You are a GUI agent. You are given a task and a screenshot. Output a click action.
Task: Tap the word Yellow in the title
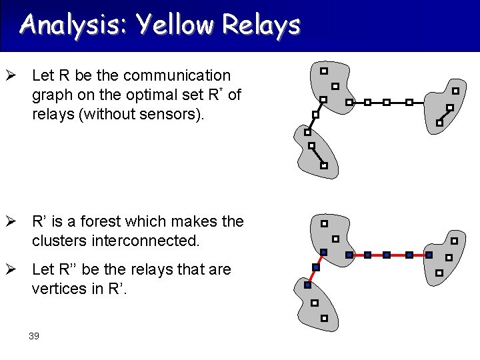(x=175, y=25)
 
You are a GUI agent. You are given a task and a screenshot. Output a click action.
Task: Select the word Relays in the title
(x=261, y=25)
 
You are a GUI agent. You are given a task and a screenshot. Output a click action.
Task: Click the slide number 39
(x=34, y=336)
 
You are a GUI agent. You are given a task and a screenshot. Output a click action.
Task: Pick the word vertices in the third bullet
(x=61, y=289)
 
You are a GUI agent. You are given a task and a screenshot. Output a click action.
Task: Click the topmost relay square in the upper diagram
(x=324, y=70)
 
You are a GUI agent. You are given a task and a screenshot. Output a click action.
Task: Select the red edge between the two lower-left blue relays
(x=312, y=276)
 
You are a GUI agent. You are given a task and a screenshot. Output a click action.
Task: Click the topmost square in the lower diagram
(x=324, y=223)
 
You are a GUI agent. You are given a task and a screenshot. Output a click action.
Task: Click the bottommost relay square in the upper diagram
(x=324, y=165)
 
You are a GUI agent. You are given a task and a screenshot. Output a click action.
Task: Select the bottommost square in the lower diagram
(x=324, y=319)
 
